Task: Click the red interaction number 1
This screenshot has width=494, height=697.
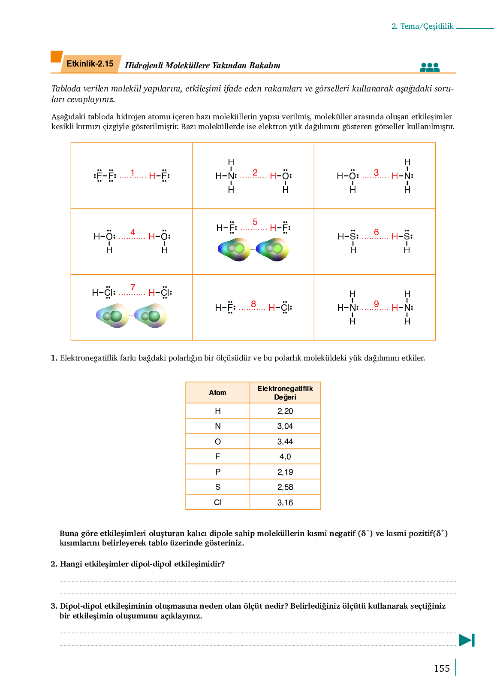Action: [133, 173]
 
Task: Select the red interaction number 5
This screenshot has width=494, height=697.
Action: [255, 222]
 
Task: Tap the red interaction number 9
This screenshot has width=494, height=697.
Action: [377, 304]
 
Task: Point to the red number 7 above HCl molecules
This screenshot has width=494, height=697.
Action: [133, 288]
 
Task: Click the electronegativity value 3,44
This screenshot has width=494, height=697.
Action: [285, 442]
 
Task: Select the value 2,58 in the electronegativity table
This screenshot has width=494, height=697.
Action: [285, 487]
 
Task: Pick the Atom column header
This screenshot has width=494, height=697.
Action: [217, 393]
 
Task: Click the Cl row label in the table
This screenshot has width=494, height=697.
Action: [218, 503]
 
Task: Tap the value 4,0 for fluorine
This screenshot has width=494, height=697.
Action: [285, 457]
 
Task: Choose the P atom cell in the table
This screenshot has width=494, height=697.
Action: [218, 472]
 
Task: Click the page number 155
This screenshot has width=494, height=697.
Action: [442, 669]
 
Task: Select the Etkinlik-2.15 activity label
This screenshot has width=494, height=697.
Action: [90, 64]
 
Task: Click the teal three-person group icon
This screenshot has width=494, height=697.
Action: [430, 67]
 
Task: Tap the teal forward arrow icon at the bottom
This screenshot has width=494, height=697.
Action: [467, 640]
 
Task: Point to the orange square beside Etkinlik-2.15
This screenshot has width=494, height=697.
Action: [56, 57]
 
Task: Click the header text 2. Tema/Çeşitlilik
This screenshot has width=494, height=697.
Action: [422, 26]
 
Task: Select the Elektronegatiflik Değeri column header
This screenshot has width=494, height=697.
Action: [285, 393]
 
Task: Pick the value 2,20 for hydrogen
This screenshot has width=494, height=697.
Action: [285, 411]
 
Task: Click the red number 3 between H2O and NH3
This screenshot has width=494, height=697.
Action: [376, 173]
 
